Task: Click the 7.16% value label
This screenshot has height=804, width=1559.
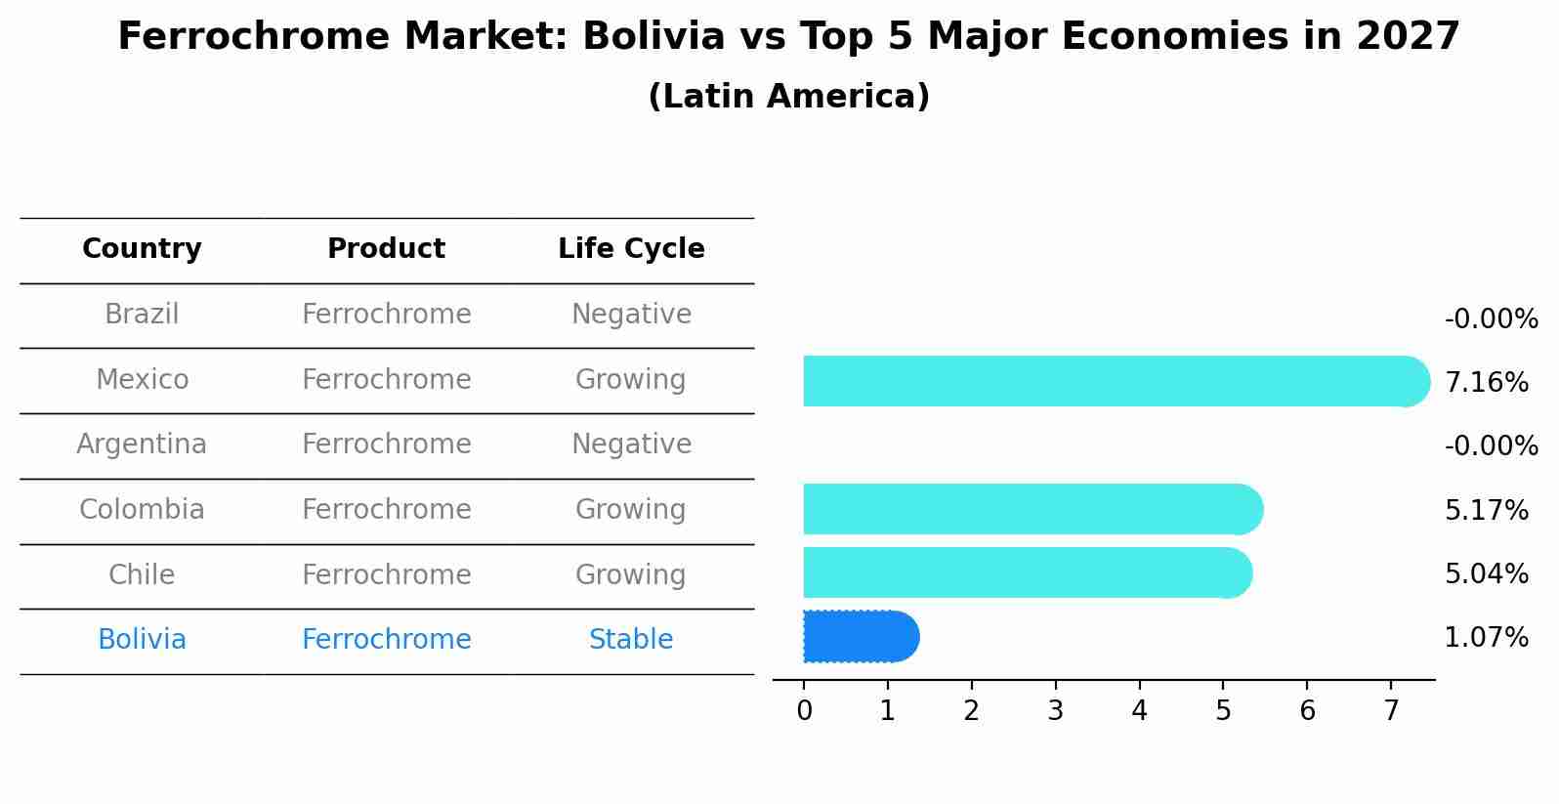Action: pyautogui.click(x=1486, y=383)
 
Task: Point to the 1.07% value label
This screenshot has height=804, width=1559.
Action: pyautogui.click(x=1486, y=638)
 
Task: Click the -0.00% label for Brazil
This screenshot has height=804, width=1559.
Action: pyautogui.click(x=1491, y=319)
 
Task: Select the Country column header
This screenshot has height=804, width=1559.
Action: pyautogui.click(x=142, y=249)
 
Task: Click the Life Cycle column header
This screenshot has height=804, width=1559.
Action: pyautogui.click(x=631, y=249)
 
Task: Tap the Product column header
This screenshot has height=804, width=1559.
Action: pyautogui.click(x=386, y=249)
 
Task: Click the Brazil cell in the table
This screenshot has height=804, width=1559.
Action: pyautogui.click(x=142, y=315)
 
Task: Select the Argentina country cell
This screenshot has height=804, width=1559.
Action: pyautogui.click(x=142, y=444)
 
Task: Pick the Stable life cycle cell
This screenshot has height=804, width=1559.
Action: pyautogui.click(x=631, y=640)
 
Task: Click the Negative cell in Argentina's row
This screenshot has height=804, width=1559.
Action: pyautogui.click(x=631, y=444)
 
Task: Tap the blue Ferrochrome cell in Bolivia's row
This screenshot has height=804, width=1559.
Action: pyautogui.click(x=386, y=640)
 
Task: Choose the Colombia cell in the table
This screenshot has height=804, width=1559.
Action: pyautogui.click(x=142, y=510)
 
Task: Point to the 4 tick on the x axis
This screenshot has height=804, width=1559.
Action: pyautogui.click(x=1139, y=711)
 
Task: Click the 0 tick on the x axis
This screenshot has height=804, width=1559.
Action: pyautogui.click(x=804, y=711)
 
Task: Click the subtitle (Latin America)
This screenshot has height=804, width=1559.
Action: pyautogui.click(x=788, y=97)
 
